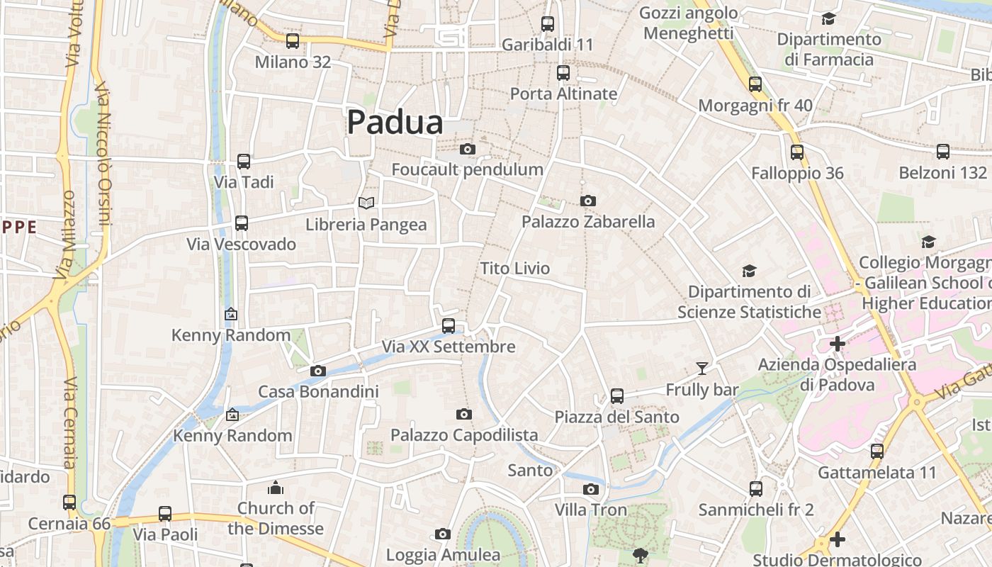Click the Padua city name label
tap(395, 123)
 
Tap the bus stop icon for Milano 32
tap(293, 41)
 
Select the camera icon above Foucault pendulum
tap(468, 149)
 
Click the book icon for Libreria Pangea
tap(366, 203)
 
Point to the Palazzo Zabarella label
tap(588, 222)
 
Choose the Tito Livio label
tap(515, 269)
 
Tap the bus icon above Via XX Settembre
tap(449, 326)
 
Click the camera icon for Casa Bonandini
tap(318, 371)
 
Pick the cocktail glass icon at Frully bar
tap(701, 368)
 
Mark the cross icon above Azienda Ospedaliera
tap(838, 344)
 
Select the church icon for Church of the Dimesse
tap(276, 488)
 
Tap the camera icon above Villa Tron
tap(590, 489)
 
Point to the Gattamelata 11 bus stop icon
tap(877, 451)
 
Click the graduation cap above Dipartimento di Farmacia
tap(828, 18)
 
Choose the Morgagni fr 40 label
tap(755, 106)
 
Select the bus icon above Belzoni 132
tap(943, 152)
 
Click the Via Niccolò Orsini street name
tap(103, 163)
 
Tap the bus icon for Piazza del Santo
tap(617, 396)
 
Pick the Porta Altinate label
tap(564, 94)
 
